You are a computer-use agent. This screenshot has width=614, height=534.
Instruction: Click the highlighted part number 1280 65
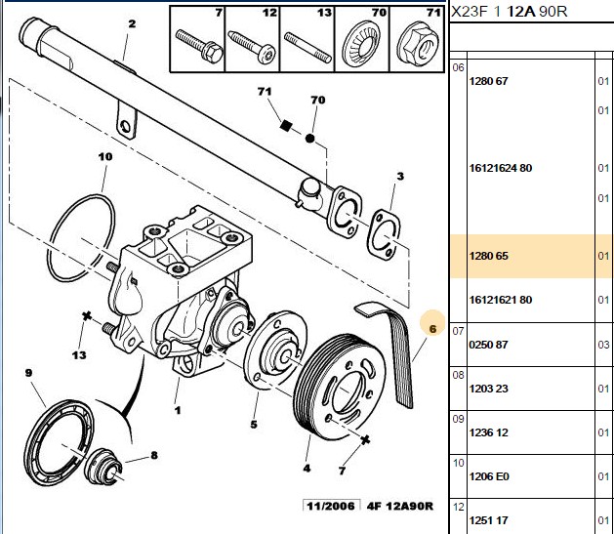pos(488,256)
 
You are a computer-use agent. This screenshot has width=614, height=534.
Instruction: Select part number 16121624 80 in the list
pos(501,168)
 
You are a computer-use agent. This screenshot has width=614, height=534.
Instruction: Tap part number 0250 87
pos(488,345)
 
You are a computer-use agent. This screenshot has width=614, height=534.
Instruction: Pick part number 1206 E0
pos(489,476)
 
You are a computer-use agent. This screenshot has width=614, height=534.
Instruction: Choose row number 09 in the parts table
pos(458,419)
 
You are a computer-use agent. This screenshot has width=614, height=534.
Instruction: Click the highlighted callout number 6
pos(432,328)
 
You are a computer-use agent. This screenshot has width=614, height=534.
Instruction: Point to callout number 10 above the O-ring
pos(105,156)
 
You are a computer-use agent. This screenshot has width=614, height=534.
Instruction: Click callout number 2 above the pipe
pos(132,23)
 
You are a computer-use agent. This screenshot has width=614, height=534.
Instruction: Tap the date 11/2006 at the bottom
pos(331,506)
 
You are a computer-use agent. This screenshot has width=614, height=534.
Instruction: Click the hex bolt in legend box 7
pos(199,45)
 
